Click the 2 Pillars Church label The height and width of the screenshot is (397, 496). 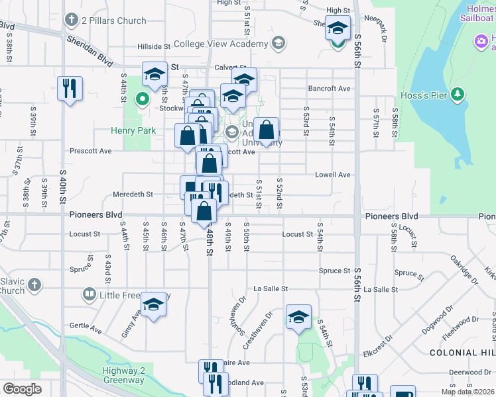point(113,21)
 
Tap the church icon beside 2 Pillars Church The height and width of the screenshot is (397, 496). point(71,20)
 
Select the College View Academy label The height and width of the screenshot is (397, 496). point(221,44)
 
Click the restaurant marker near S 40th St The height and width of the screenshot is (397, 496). point(70,88)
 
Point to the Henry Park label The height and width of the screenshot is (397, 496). point(134,130)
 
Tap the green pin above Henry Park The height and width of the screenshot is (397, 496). point(141,100)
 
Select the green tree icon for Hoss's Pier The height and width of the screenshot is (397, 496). point(456,95)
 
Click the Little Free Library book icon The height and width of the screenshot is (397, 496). point(89,293)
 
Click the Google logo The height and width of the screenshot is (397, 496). point(22,388)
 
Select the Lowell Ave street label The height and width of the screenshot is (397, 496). point(332,175)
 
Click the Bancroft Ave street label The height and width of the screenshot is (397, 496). point(329,88)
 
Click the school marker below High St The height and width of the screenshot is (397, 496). point(338,28)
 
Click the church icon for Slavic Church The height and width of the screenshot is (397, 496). point(34,286)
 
